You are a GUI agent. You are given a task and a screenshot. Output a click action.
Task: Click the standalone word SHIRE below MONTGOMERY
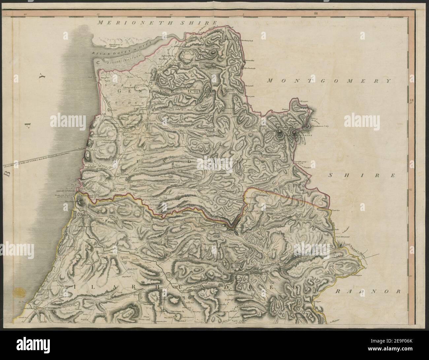(x=361, y=176)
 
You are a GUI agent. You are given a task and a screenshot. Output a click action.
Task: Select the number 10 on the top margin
(x=171, y=15)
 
